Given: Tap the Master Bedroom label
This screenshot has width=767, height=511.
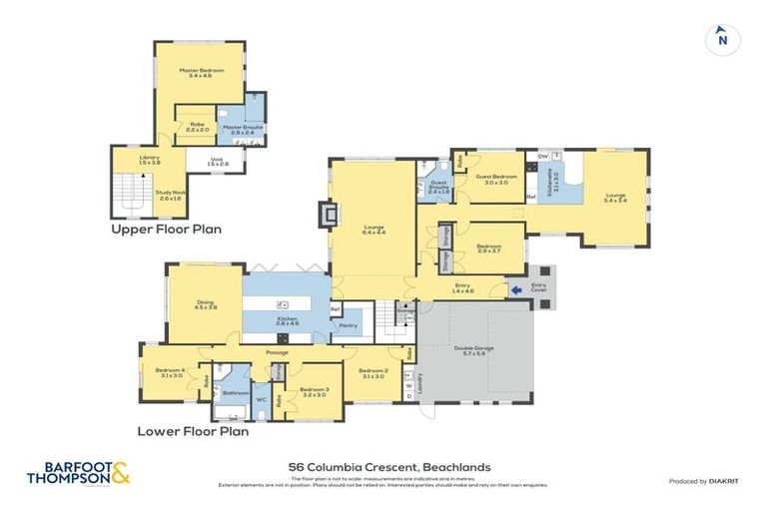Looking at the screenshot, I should tap(201, 71).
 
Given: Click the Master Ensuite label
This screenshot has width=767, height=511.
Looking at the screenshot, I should tap(240, 128).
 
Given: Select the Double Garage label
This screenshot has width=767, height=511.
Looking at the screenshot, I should tap(475, 348).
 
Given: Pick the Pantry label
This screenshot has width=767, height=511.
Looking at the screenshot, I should tap(349, 325).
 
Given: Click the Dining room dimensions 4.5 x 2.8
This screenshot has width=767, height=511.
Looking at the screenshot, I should tap(205, 308).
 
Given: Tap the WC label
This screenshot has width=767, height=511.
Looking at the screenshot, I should tap(261, 400).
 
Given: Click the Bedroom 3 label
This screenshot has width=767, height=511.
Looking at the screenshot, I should tap(314, 389).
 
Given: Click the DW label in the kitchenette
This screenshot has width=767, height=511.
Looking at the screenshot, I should tap(542, 156).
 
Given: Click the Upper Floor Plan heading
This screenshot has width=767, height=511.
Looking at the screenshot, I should tap(167, 229).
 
